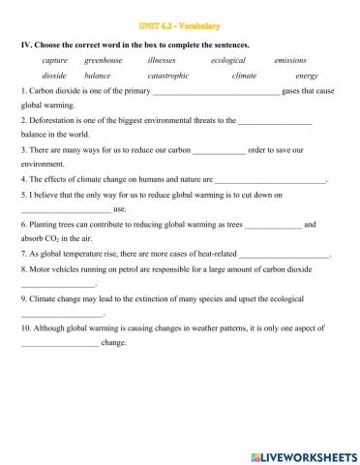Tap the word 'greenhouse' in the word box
(x=104, y=59)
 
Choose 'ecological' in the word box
(x=227, y=59)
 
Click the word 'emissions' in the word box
(x=290, y=59)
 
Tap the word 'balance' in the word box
(x=98, y=76)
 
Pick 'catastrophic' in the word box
(x=167, y=76)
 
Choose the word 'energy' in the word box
(x=307, y=76)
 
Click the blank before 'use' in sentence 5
(x=66, y=210)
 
